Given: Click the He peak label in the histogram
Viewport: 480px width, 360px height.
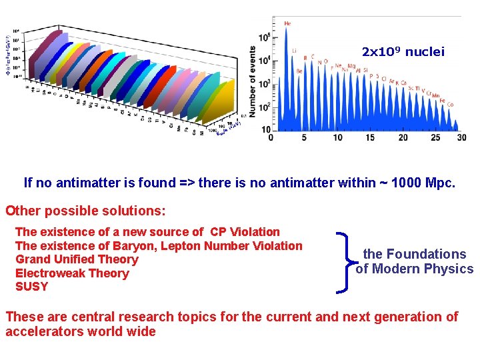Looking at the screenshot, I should click(287, 24).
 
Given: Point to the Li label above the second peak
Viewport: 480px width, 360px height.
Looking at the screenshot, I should click(294, 51).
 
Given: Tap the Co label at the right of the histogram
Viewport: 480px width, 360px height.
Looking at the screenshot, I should click(450, 105).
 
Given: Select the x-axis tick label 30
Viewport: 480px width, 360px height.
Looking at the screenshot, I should click(462, 138).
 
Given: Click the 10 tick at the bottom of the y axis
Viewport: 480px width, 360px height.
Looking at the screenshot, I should click(265, 129).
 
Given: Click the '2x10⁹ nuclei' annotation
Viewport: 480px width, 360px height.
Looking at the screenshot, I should click(403, 51).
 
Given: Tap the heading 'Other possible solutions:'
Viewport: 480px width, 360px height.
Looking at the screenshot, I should click(85, 211).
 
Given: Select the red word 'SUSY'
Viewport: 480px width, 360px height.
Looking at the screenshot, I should click(31, 287).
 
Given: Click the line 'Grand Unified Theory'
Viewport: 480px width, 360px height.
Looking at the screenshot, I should click(76, 259).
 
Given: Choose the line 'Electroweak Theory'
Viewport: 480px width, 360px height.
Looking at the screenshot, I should click(71, 273).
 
